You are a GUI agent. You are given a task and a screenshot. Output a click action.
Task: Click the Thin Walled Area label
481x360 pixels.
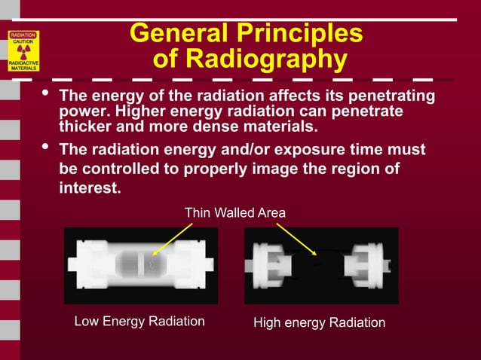(235, 213)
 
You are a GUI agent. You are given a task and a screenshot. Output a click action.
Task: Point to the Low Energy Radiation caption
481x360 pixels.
(139, 322)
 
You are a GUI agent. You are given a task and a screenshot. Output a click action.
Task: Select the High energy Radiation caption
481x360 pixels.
(319, 322)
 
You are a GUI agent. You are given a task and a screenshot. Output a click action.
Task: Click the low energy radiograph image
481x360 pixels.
(141, 265)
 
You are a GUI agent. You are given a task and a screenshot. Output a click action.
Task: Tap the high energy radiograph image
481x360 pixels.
(321, 265)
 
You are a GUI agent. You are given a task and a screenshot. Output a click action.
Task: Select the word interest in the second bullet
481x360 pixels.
(88, 188)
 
